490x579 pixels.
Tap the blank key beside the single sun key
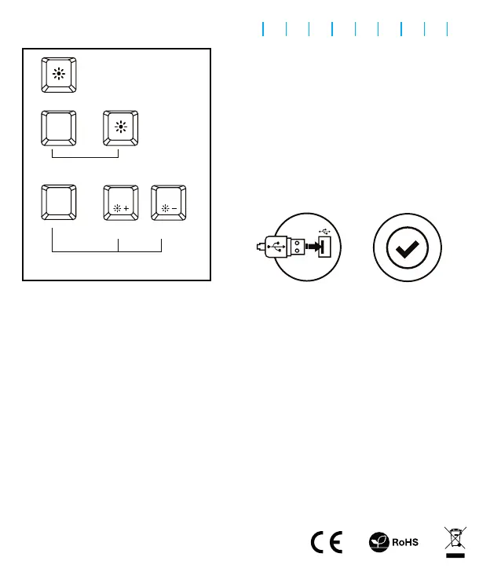(x=58, y=128)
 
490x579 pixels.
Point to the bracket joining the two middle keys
(x=85, y=157)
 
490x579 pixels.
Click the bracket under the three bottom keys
(x=106, y=251)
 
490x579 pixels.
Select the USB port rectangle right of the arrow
(x=325, y=247)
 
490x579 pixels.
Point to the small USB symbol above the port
(x=326, y=230)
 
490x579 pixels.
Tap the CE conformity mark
(x=326, y=542)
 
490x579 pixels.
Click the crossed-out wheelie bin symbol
(x=455, y=537)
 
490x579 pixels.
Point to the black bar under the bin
(x=455, y=556)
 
